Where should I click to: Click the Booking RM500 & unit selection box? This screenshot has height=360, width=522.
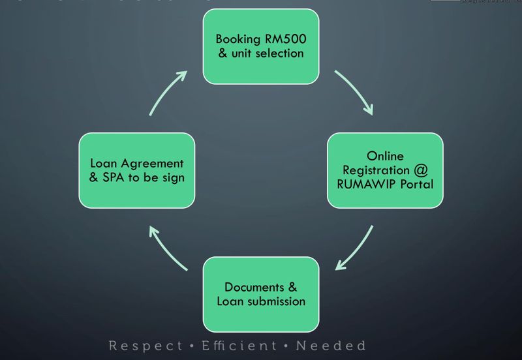[261, 46]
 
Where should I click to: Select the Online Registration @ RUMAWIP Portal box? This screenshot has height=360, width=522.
[384, 170]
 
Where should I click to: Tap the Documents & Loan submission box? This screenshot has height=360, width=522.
[261, 294]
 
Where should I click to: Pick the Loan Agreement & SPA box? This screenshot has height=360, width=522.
[137, 170]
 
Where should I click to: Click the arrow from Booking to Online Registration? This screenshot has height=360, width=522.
[356, 92]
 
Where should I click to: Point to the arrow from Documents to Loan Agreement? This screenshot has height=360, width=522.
[167, 248]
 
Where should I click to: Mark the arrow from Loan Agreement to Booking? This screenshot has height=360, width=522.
[167, 92]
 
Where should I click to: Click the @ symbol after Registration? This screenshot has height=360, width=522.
[420, 170]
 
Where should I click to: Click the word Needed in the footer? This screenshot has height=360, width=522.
[331, 346]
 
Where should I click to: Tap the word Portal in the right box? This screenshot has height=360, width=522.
[416, 184]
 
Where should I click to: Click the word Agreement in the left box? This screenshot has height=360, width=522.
[151, 163]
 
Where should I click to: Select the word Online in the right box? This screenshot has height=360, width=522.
[384, 157]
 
